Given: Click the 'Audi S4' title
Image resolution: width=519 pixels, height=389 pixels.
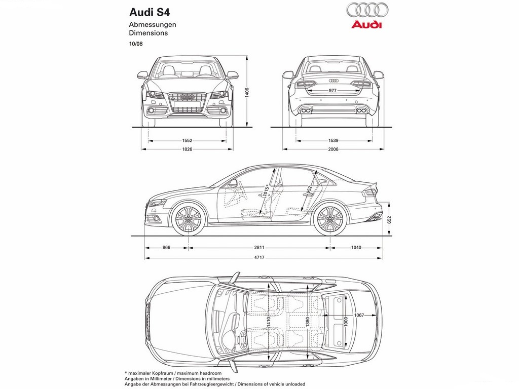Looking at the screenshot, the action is pyautogui.click(x=150, y=13).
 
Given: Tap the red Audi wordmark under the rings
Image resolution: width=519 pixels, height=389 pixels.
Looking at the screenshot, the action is pyautogui.click(x=366, y=24).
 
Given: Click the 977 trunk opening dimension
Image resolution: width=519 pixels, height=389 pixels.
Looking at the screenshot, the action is pyautogui.click(x=332, y=91).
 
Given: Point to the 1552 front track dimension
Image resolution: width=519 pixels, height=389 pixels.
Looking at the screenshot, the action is pyautogui.click(x=188, y=141).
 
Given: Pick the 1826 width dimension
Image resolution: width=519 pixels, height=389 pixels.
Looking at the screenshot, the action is pyautogui.click(x=188, y=149).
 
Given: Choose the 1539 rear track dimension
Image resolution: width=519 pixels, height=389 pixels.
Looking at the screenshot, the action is pyautogui.click(x=333, y=141).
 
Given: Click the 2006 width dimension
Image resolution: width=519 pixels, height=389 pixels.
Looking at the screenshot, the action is pyautogui.click(x=333, y=149).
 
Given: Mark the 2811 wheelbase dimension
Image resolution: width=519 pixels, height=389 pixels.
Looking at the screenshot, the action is pyautogui.click(x=259, y=247).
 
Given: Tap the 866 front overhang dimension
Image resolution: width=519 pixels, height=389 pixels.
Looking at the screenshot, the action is pyautogui.click(x=166, y=247).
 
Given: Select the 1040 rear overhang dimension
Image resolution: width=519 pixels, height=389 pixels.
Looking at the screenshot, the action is pyautogui.click(x=356, y=247).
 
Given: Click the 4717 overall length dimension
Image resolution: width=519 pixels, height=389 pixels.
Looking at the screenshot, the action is pyautogui.click(x=259, y=257).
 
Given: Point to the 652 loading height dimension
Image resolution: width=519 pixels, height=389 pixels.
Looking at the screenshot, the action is pyautogui.click(x=389, y=220).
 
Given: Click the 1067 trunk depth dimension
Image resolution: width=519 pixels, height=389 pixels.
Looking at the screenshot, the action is pyautogui.click(x=359, y=315).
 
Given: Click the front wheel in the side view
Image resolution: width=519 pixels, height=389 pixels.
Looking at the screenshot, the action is pyautogui.click(x=188, y=219).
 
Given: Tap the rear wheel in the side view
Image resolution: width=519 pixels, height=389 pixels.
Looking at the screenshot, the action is pyautogui.click(x=330, y=219).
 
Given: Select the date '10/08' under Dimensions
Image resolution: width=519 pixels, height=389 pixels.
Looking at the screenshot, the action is pyautogui.click(x=136, y=44).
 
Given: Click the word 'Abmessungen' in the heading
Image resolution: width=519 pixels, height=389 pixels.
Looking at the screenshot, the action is pyautogui.click(x=153, y=24).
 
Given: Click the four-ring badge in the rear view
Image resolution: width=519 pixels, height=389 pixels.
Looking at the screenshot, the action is pyautogui.click(x=333, y=81).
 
